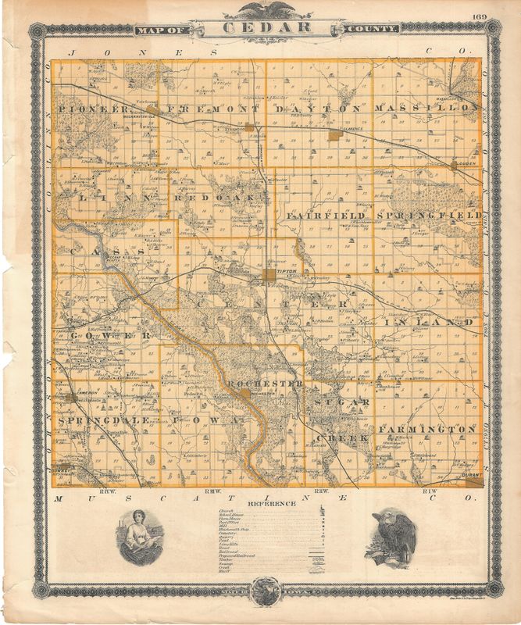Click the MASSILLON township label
[425, 107]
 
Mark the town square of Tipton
[270, 274]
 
